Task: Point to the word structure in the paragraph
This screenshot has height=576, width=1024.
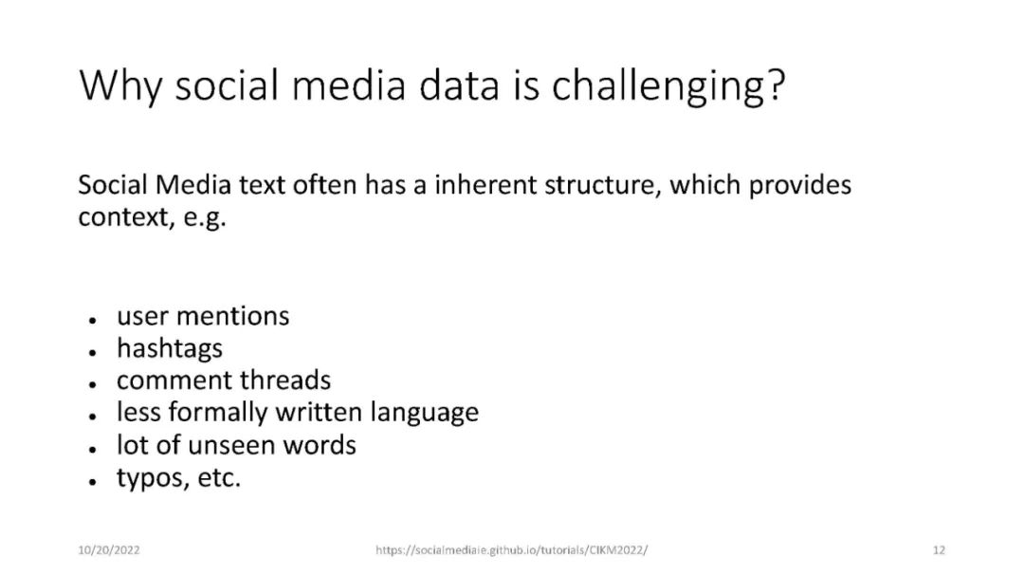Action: point(600,186)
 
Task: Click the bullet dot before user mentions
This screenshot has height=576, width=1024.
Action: point(93,321)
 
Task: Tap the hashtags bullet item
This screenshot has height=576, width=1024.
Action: point(170,349)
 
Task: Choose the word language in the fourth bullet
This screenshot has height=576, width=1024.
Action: point(425,414)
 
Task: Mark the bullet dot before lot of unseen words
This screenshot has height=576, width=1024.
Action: point(93,450)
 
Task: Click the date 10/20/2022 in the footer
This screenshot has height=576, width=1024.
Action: point(109,550)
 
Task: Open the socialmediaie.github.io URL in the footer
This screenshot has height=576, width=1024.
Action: point(512,550)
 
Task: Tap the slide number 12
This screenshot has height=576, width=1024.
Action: point(939,550)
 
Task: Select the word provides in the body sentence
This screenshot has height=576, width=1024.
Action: point(800,186)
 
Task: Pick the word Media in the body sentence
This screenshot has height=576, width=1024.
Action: point(193,185)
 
